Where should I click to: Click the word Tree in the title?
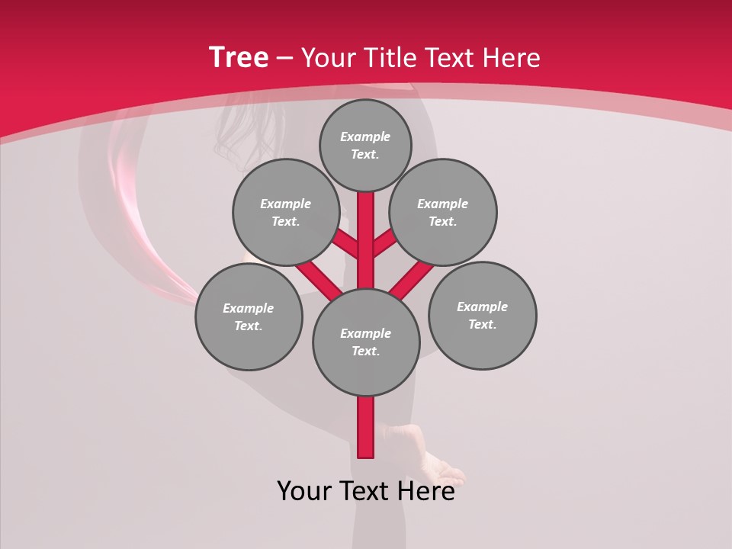point(239,58)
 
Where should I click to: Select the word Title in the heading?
point(389,58)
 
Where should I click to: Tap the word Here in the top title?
point(512,58)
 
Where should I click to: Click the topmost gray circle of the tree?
point(365,146)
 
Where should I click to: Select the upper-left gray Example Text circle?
point(285,213)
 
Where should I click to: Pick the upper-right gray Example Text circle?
point(443,213)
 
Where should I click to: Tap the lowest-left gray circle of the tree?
point(249,317)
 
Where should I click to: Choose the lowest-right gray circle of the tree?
point(482,316)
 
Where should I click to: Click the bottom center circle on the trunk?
point(366,342)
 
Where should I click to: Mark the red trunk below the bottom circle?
point(366,427)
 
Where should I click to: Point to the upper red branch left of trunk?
point(345,243)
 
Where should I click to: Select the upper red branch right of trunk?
point(386,243)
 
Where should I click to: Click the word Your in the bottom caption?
point(304,492)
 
